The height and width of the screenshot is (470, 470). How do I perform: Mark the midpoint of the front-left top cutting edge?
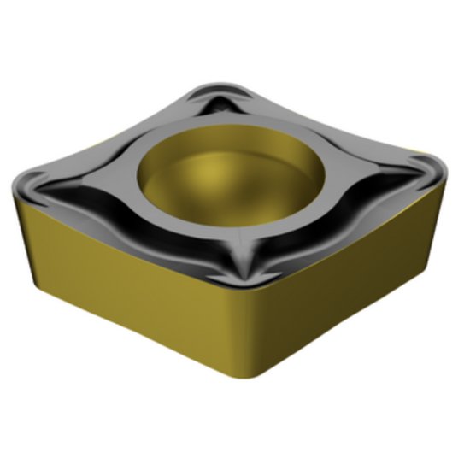tap(128, 244)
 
